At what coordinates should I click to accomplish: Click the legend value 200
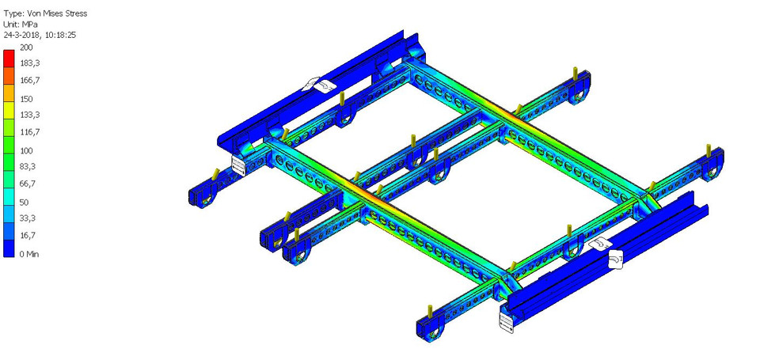[x=26, y=47]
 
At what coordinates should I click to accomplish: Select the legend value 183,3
[x=29, y=63]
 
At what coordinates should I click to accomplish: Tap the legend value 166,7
[x=29, y=80]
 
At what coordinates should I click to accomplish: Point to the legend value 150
[x=26, y=98]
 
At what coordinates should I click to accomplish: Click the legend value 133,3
[x=29, y=115]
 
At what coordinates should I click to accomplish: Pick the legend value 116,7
[x=29, y=131]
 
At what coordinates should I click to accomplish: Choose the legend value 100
[x=26, y=150]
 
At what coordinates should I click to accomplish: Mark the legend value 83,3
[x=28, y=166]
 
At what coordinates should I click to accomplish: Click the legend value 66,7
[x=28, y=183]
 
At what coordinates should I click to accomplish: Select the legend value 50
[x=24, y=202]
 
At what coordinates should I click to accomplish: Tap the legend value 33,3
[x=28, y=218]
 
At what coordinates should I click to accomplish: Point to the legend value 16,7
[x=28, y=235]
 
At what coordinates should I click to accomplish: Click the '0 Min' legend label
[x=29, y=254]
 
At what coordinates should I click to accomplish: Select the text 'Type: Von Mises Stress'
[x=46, y=13]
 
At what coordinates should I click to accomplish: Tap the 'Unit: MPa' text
[x=21, y=24]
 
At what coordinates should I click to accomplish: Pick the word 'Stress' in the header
[x=75, y=13]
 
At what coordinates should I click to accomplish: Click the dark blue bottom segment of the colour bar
[x=8, y=248]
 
